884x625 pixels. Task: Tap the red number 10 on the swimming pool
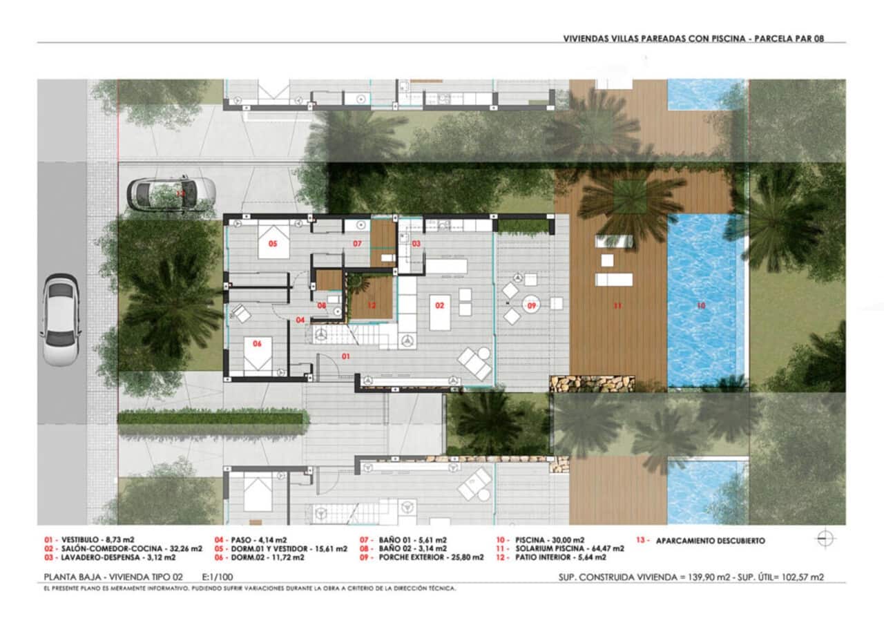click(702, 305)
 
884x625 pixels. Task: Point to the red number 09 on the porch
click(532, 304)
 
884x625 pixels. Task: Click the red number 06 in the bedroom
click(257, 343)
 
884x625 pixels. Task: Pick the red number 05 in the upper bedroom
click(273, 244)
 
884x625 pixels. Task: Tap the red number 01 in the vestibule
click(347, 356)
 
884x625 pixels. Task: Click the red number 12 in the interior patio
click(371, 305)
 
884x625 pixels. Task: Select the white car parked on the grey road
click(61, 319)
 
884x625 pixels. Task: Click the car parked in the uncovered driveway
click(171, 194)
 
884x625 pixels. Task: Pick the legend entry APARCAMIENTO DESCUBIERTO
click(709, 541)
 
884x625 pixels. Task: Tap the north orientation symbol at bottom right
click(825, 539)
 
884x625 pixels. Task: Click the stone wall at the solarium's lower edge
click(592, 383)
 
